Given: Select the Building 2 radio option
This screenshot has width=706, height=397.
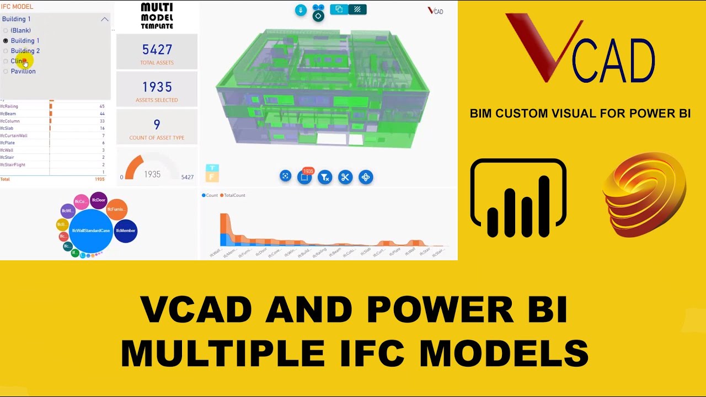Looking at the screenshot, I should click(x=6, y=51).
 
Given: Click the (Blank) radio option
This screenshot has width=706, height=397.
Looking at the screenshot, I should click(x=6, y=30).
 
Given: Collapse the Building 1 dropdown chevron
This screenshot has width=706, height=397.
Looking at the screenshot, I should click(x=104, y=19).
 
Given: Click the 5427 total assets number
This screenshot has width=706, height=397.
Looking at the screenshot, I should click(x=157, y=50).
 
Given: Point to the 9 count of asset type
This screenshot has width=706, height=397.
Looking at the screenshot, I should click(x=157, y=125).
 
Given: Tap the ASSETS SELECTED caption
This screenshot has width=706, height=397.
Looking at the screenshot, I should click(x=157, y=100).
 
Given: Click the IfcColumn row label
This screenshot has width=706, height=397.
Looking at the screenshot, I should click(x=10, y=121).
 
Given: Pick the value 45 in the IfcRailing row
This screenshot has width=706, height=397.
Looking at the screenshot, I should click(x=101, y=106).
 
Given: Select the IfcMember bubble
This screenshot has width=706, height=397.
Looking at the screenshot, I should click(x=126, y=230).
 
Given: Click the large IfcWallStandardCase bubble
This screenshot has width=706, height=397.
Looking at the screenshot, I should click(x=91, y=230).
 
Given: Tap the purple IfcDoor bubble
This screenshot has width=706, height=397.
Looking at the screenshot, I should click(x=99, y=200).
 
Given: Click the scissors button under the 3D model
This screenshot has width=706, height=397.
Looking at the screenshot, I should click(x=345, y=177).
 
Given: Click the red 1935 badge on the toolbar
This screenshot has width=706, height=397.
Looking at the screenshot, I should click(x=308, y=171).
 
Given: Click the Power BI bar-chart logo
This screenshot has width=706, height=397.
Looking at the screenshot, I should click(x=518, y=198).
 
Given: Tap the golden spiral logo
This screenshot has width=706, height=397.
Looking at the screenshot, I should click(x=644, y=195).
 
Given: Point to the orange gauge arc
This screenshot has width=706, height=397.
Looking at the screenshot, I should click(x=133, y=166).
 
